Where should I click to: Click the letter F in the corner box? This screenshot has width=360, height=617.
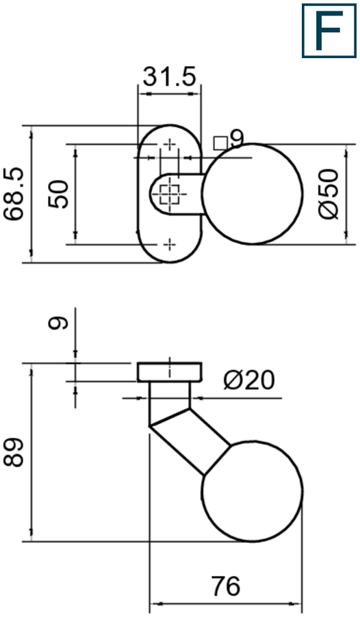329,31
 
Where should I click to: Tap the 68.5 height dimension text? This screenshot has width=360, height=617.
14,194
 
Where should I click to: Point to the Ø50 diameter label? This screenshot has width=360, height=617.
329,194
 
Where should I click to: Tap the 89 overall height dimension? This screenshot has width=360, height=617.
14,452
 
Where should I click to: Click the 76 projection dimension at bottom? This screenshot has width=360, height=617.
226,586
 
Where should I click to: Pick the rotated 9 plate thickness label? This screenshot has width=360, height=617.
60,321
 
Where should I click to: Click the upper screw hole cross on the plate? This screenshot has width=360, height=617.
169,145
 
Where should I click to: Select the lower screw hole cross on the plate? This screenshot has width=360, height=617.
169,244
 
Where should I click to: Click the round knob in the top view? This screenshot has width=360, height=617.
253,194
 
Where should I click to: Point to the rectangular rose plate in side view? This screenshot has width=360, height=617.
169,371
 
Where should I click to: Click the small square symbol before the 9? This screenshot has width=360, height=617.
220,142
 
